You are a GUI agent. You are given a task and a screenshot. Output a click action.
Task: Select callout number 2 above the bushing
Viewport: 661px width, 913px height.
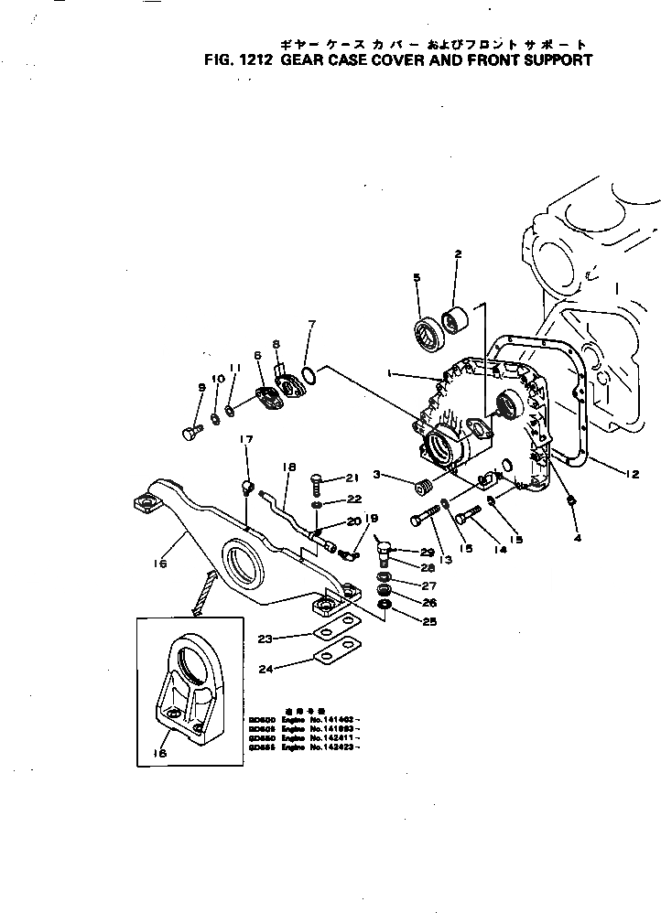click(458, 253)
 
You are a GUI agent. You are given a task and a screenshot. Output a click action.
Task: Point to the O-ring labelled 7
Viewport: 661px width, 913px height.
click(310, 374)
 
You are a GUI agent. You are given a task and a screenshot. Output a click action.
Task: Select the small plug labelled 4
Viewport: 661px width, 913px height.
click(572, 502)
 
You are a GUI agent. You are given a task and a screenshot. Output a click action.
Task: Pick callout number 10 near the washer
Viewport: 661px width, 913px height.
click(218, 379)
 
